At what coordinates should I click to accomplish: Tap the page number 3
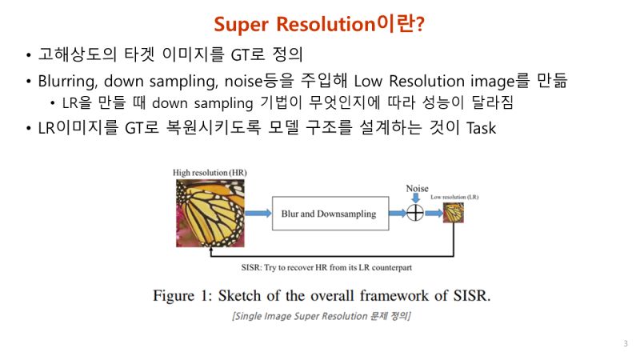point(625,343)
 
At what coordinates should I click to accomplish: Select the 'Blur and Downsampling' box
point(329,214)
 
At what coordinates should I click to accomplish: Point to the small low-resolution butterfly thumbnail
point(454,213)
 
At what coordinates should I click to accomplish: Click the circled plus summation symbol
point(415,213)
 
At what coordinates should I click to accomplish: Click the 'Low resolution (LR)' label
point(453,196)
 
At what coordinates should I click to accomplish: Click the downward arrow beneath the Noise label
point(416,198)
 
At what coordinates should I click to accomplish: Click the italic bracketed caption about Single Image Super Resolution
point(321,316)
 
